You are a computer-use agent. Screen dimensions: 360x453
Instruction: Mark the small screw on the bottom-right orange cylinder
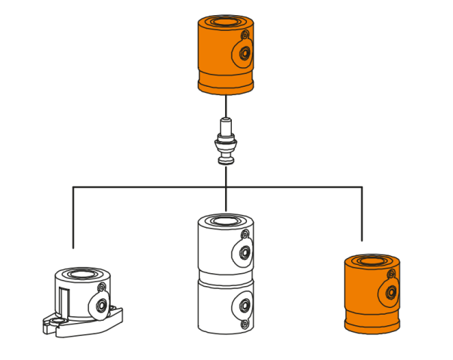coord(391,274)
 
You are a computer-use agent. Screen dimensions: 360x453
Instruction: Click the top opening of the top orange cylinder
coord(225,22)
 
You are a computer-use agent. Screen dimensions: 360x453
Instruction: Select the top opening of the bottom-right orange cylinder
coord(371,261)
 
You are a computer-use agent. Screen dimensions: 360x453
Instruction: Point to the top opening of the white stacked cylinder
coord(225,221)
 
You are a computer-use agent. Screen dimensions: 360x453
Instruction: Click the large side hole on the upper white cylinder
coord(245,253)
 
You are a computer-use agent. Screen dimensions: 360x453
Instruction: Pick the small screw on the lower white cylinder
coord(245,324)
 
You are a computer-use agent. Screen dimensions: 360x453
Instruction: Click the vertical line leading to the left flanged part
coord(73,219)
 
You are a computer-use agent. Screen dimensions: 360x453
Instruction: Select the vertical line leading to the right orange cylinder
coord(362,215)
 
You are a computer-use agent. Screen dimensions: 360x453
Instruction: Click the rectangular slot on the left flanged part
coord(66,303)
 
